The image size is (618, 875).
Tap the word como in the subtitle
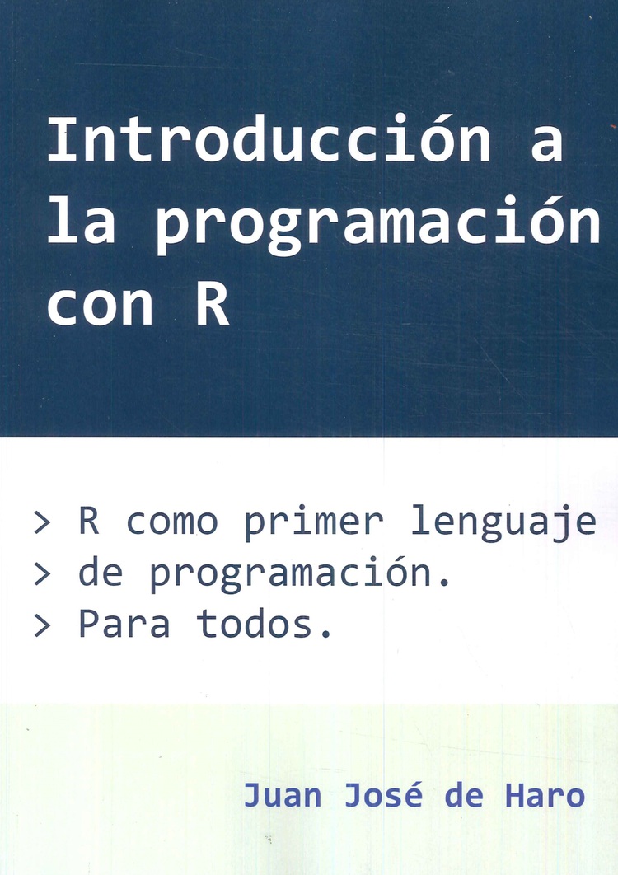[x=172, y=523]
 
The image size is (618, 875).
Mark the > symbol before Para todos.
[x=42, y=626]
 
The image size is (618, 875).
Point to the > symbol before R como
[x=42, y=523]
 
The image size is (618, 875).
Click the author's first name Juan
[x=283, y=794]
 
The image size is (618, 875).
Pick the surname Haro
[x=545, y=794]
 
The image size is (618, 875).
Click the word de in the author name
[x=463, y=793]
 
